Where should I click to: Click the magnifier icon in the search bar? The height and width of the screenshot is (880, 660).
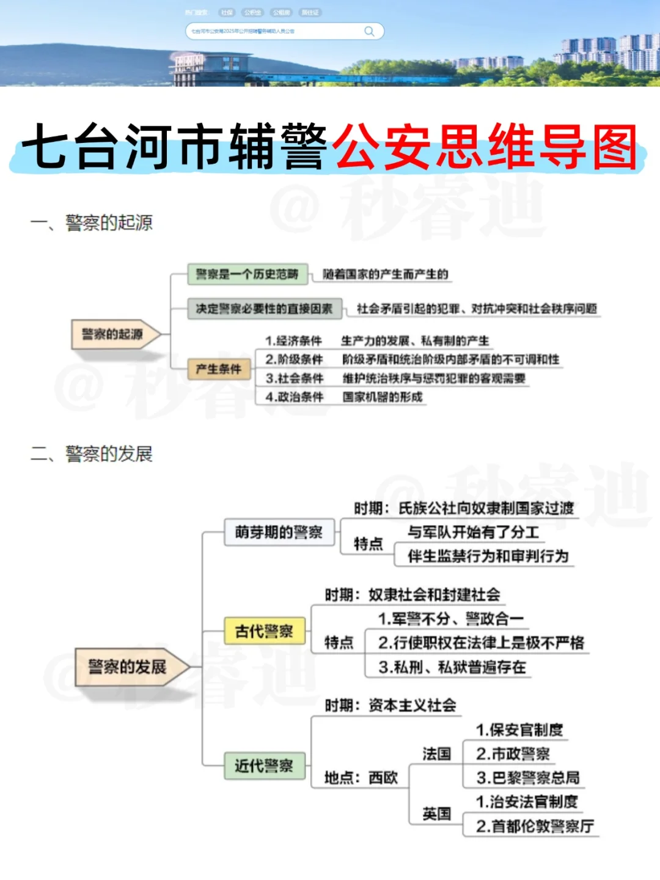tap(369, 31)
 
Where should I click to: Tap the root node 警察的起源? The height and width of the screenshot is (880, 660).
tap(114, 334)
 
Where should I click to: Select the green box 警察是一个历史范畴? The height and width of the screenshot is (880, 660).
tap(247, 274)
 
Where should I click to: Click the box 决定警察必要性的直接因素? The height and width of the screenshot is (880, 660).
tap(263, 309)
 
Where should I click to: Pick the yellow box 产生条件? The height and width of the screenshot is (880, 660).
tap(219, 369)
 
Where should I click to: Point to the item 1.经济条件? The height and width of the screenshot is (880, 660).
tap(293, 341)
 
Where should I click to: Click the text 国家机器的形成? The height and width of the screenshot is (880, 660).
tap(383, 397)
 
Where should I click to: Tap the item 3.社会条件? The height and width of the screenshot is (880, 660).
tap(294, 378)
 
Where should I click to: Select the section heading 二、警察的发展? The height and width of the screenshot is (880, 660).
tap(92, 454)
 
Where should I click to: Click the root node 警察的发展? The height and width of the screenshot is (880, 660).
tap(127, 667)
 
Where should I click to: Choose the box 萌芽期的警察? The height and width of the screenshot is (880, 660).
tap(279, 532)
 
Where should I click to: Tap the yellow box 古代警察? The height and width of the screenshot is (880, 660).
tap(264, 631)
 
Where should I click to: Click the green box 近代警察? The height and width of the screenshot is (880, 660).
tap(264, 766)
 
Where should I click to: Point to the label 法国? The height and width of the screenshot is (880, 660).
tap(436, 754)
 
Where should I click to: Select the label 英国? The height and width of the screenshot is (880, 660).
tap(436, 814)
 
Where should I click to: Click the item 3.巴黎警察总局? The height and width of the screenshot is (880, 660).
tap(528, 778)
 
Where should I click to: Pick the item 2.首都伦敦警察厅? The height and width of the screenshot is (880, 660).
tap(535, 826)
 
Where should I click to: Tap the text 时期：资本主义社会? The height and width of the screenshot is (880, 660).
tap(391, 706)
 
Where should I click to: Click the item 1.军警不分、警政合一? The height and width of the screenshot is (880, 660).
tap(450, 619)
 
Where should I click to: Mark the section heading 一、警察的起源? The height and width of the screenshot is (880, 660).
tap(92, 223)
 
